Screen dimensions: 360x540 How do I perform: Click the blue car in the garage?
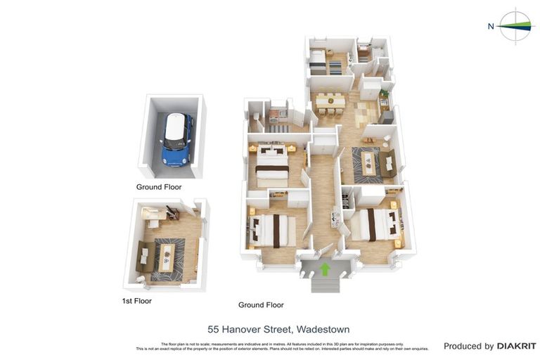click(x=176, y=140)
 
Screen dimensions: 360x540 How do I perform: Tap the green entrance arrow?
click(x=325, y=269)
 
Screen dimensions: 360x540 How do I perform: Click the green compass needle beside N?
click(x=517, y=26)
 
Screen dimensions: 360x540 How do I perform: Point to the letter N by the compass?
click(x=491, y=27)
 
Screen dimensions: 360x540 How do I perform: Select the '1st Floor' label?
click(x=136, y=301)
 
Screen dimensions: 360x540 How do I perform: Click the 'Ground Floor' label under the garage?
click(x=159, y=187)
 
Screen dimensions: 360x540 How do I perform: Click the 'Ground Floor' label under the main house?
click(x=261, y=304)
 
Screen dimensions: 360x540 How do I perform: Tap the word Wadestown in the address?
click(x=323, y=329)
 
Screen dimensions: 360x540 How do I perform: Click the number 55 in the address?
click(x=214, y=329)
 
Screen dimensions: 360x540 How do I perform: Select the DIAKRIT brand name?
click(x=516, y=346)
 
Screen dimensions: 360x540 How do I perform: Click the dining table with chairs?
click(x=330, y=103)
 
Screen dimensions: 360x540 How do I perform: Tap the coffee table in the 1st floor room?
click(x=167, y=257)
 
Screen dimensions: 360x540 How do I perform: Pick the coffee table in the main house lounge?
click(x=368, y=165)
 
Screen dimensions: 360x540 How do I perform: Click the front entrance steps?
click(x=325, y=284)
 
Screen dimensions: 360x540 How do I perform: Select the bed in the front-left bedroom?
click(x=271, y=231)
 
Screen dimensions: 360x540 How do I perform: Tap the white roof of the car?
click(x=176, y=128)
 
